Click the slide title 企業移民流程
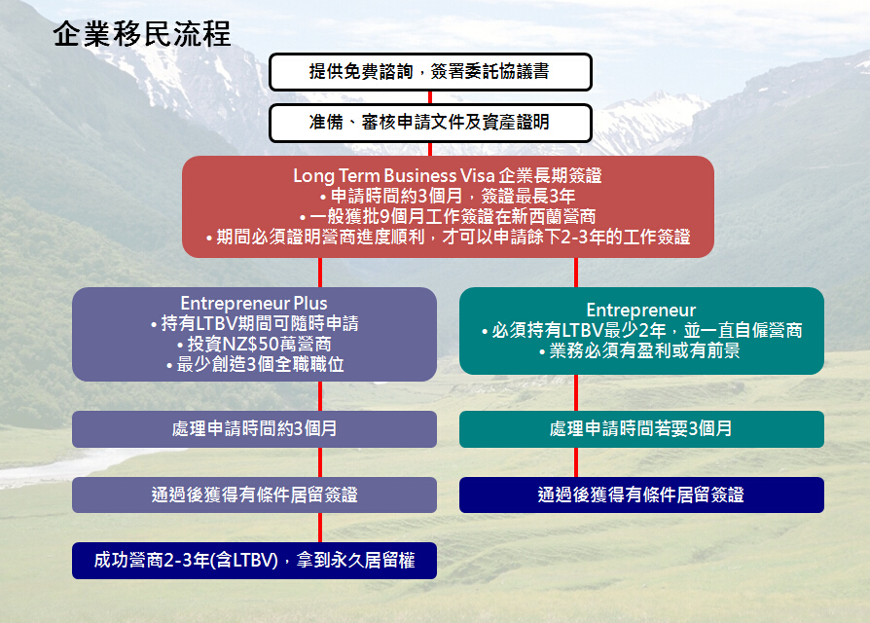click(141, 34)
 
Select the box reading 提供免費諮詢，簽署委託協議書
click(430, 72)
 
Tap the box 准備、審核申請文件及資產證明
click(430, 123)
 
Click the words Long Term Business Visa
click(394, 175)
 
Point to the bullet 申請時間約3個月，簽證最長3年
click(448, 196)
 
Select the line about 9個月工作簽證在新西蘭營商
click(448, 216)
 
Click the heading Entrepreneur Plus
click(254, 304)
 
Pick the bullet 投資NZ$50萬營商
click(254, 344)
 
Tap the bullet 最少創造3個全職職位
click(255, 364)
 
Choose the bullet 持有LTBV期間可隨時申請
click(255, 323)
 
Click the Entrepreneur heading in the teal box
click(641, 311)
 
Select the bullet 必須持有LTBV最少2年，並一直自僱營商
click(641, 331)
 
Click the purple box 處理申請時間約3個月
click(254, 429)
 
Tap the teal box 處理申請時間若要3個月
click(641, 429)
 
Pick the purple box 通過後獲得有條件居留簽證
click(254, 495)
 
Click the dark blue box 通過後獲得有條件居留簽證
click(641, 495)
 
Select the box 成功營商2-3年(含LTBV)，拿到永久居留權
click(254, 561)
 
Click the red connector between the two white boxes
click(430, 97)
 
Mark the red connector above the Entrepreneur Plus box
click(320, 273)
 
